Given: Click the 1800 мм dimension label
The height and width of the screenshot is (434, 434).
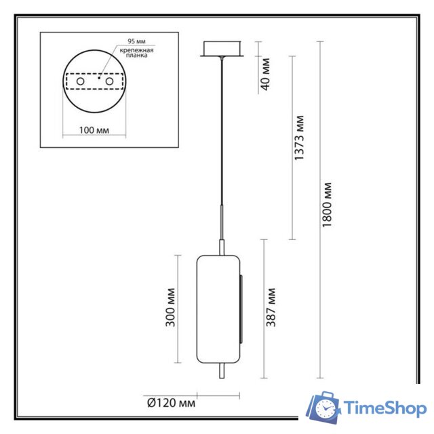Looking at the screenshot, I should pyautogui.click(x=328, y=205).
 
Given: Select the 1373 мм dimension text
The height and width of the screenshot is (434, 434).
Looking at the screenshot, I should pyautogui.click(x=299, y=140).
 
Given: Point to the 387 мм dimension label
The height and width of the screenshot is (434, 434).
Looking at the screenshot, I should pyautogui.click(x=271, y=308).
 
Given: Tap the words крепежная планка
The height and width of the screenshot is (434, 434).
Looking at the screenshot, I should pyautogui.click(x=135, y=55).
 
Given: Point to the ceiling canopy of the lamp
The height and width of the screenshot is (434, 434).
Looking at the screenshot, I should pyautogui.click(x=221, y=51).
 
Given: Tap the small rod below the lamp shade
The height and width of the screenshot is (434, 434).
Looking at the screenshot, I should pyautogui.click(x=220, y=372).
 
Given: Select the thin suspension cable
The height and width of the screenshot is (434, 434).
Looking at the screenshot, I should pyautogui.click(x=221, y=136).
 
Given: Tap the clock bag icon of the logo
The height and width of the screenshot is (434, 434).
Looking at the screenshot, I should pyautogui.click(x=324, y=408).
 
